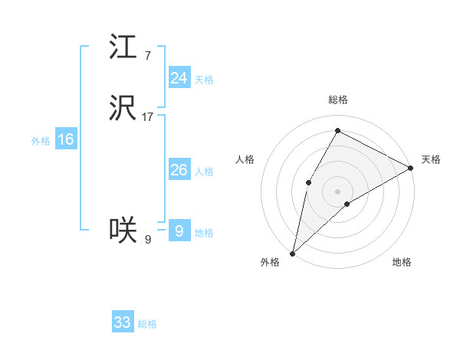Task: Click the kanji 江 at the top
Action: pyautogui.click(x=123, y=47)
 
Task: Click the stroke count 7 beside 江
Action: pyautogui.click(x=147, y=55)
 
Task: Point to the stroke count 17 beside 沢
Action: pyautogui.click(x=148, y=117)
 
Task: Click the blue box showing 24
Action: pyautogui.click(x=179, y=78)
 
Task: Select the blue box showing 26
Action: pyautogui.click(x=179, y=170)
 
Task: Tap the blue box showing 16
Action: pyautogui.click(x=66, y=139)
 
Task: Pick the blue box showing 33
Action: pyautogui.click(x=123, y=322)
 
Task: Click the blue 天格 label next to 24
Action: pyautogui.click(x=203, y=80)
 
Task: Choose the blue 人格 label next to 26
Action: pyautogui.click(x=204, y=172)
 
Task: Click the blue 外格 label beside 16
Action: pyautogui.click(x=41, y=141)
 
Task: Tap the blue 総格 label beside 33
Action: pyautogui.click(x=147, y=324)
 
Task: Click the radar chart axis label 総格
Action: pyautogui.click(x=337, y=100)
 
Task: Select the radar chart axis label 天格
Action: pyautogui.click(x=431, y=159)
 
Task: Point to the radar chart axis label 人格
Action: pyautogui.click(x=245, y=159)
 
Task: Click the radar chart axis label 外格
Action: pyautogui.click(x=270, y=263)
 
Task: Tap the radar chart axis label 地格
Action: pyautogui.click(x=402, y=263)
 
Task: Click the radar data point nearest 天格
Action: pyautogui.click(x=410, y=168)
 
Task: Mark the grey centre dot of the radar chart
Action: pyautogui.click(x=337, y=191)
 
